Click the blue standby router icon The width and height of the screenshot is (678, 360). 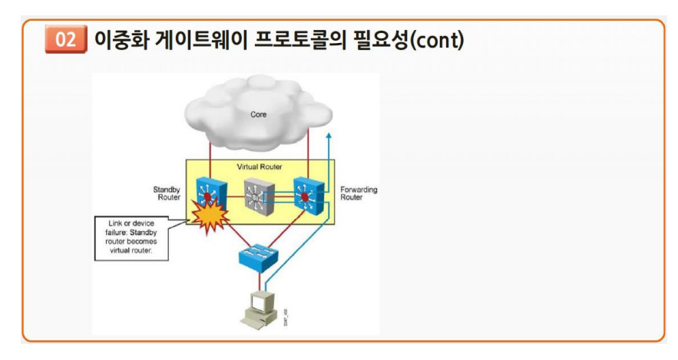207,188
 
